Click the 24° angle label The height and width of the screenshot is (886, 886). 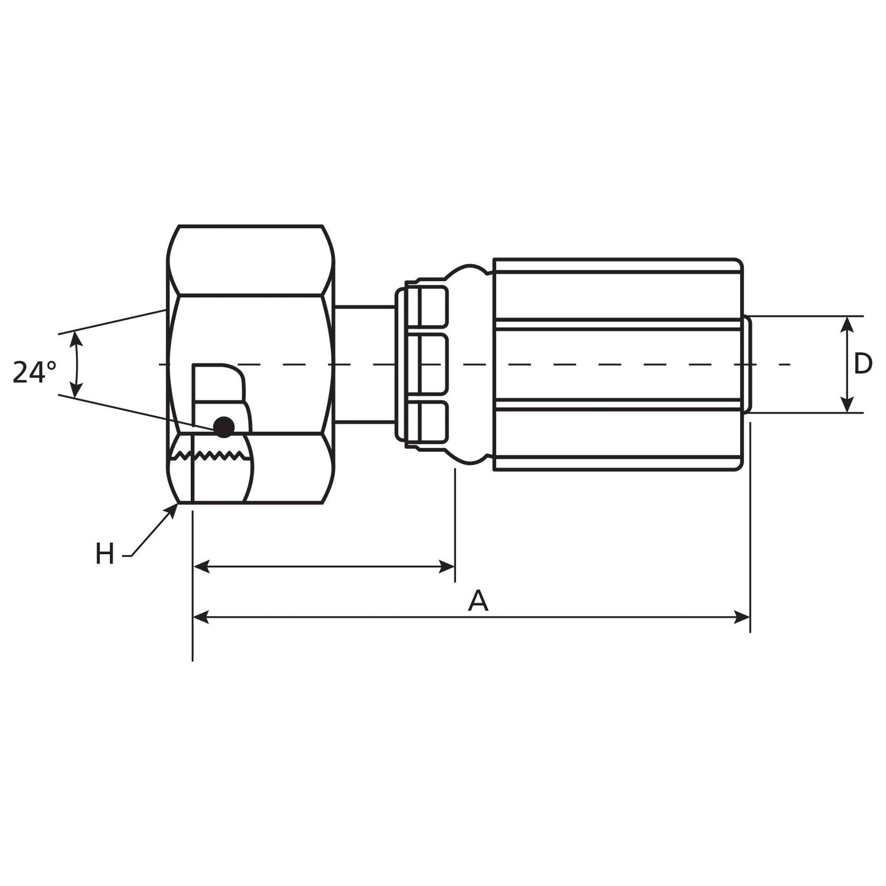(34, 372)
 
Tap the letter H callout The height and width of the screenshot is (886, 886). (105, 555)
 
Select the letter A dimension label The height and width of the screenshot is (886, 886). (478, 601)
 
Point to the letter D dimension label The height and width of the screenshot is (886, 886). (863, 364)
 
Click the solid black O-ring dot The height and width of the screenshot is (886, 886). (224, 426)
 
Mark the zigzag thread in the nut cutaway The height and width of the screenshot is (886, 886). (213, 455)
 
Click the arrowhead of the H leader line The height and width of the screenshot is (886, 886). (174, 509)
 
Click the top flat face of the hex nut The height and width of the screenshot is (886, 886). (251, 260)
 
